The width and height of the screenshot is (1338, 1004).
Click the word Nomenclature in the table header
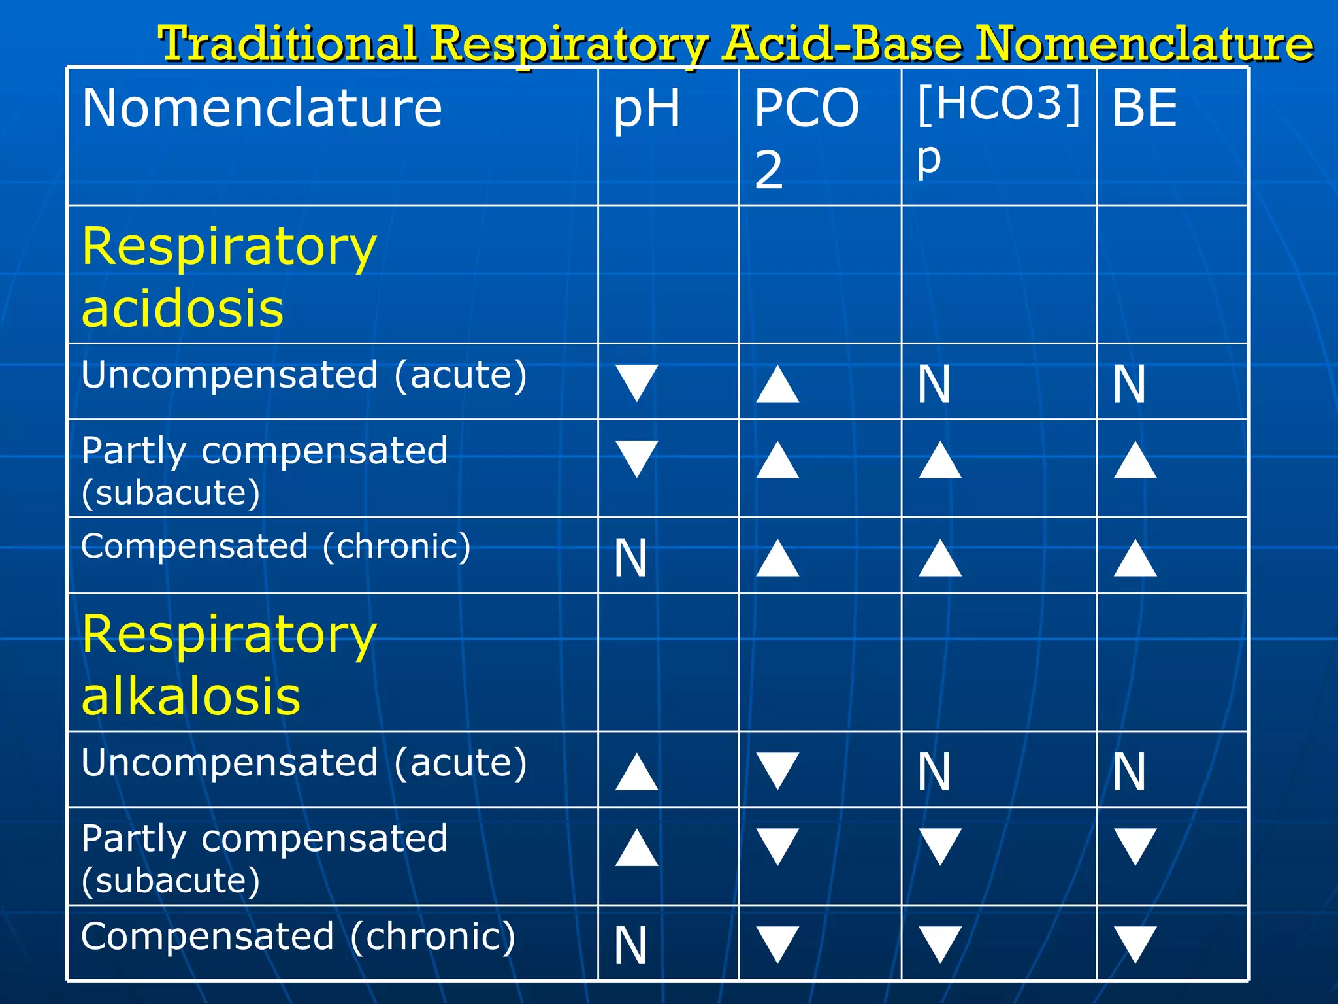click(262, 108)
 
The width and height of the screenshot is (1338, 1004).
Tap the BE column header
click(1145, 108)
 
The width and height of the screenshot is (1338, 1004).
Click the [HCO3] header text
click(998, 103)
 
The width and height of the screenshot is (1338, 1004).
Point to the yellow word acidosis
click(182, 309)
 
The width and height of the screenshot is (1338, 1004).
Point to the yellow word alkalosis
click(191, 696)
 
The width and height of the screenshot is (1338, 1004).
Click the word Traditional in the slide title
click(288, 44)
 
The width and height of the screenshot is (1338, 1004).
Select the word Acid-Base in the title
click(843, 44)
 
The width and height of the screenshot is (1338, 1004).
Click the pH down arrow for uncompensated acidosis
click(636, 382)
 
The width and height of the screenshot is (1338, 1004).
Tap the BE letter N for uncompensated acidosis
click(1129, 384)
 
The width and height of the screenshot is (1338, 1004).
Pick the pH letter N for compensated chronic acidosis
click(630, 559)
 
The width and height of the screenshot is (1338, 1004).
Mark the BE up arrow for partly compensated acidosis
click(1135, 460)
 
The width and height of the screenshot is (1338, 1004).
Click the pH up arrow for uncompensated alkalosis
click(636, 772)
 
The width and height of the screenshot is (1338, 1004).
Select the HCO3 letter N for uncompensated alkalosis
click(934, 772)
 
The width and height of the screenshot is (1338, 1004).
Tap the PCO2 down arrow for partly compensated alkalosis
click(777, 846)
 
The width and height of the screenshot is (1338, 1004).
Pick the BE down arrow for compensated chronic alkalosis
click(1135, 945)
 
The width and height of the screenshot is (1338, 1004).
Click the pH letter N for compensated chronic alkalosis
click(630, 946)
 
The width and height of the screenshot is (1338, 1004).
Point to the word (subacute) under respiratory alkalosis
click(171, 880)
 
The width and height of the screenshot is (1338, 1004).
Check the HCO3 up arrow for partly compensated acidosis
click(939, 460)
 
